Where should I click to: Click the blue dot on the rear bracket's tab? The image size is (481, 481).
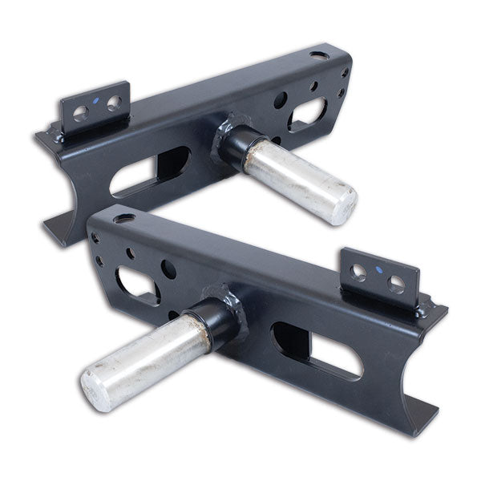pyautogui.click(x=97, y=101)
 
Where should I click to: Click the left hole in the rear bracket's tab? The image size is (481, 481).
pyautogui.click(x=81, y=112)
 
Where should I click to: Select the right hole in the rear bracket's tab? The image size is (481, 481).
pyautogui.click(x=114, y=103)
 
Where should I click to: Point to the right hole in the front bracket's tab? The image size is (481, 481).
pyautogui.click(x=396, y=283)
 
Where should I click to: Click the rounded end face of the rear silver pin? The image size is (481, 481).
pyautogui.click(x=342, y=202)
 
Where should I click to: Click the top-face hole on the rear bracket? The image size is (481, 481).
pyautogui.click(x=319, y=56)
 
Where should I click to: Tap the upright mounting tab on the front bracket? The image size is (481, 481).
pyautogui.click(x=378, y=276)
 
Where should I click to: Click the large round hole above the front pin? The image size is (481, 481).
pyautogui.click(x=169, y=269)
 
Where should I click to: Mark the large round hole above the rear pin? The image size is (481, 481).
pyautogui.click(x=280, y=100)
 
